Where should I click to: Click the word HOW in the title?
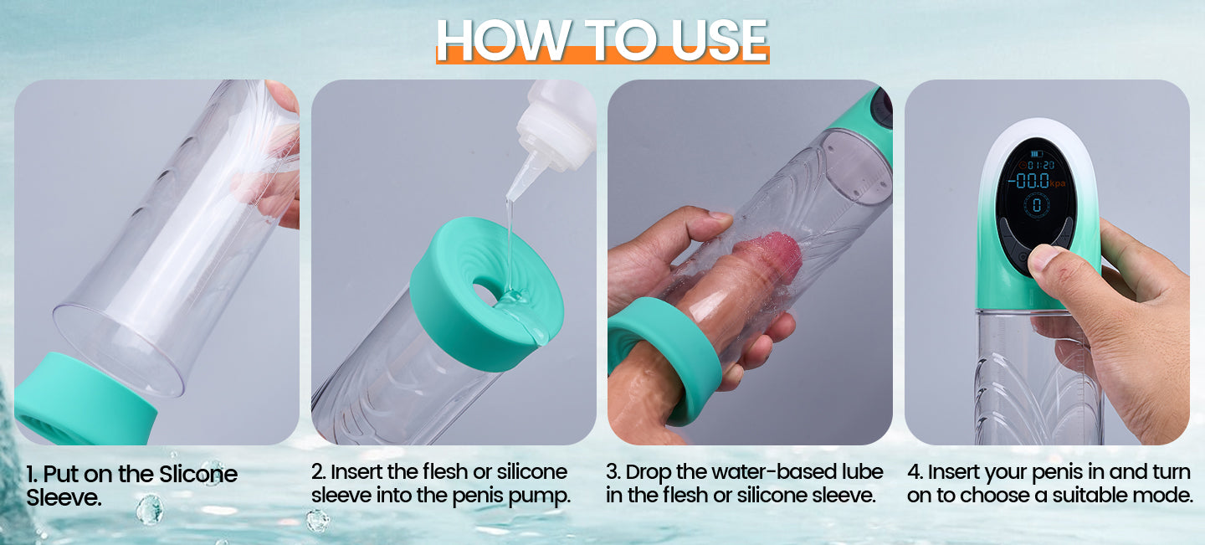pos(502,40)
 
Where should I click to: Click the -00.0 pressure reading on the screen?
pos(1028,181)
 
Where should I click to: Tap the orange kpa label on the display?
pos(1058,184)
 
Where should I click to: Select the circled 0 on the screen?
pos(1037,204)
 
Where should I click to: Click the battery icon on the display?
pos(1036,154)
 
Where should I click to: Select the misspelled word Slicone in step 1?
pos(198,474)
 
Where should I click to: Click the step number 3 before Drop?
pos(613,472)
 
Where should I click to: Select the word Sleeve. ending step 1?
pos(64,497)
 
